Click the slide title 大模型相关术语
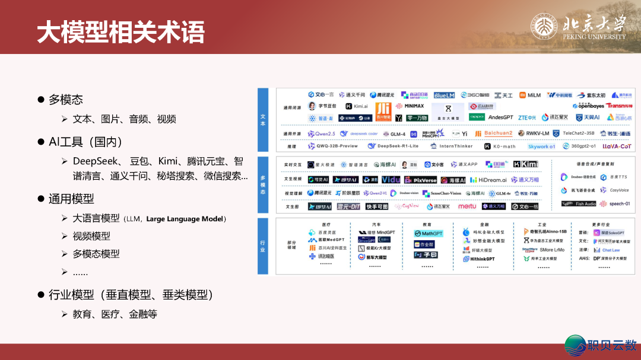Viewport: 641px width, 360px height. coord(120,31)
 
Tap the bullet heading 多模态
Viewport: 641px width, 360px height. coord(66,100)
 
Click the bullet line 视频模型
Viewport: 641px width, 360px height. coord(91,236)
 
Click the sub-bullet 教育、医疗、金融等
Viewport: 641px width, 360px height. coord(115,314)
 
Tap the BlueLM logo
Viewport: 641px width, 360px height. coord(444,95)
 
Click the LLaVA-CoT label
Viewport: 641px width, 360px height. coord(617,146)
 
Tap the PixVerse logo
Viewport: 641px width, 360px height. coord(421,180)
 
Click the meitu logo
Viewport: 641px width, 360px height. coord(467,206)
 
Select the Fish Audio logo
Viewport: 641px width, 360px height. coord(579,204)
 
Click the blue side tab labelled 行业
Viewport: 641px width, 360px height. coord(262,246)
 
